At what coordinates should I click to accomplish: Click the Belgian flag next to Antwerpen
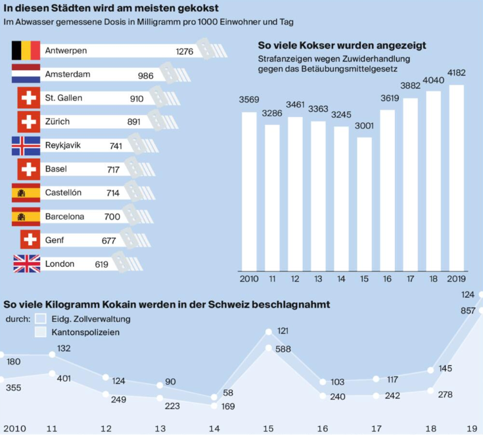26,51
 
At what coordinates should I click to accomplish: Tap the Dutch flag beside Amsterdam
26,74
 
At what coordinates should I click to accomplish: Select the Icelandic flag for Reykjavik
26,146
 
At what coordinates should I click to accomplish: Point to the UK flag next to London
26,264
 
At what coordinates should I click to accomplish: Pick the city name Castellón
63,193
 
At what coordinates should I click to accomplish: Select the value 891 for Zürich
137,122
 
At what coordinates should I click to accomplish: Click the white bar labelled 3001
364,204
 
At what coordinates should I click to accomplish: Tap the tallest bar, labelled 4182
456,177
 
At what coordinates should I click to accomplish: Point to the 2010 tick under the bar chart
248,279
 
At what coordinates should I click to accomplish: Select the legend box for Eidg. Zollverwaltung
40,319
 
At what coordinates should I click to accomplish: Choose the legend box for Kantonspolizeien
40,332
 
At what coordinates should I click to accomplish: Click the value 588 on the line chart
283,349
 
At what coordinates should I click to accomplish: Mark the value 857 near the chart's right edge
468,310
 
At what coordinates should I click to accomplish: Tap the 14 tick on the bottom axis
214,428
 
